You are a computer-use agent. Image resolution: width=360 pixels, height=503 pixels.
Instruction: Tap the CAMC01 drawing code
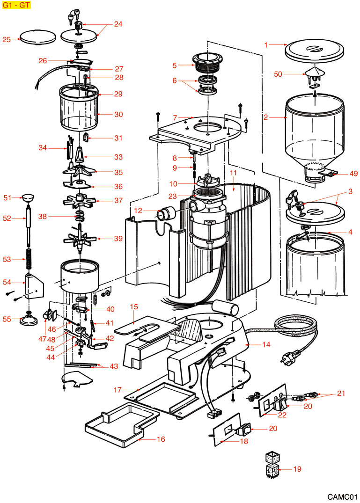[342, 496]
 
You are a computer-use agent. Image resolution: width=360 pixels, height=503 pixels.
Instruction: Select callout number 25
[7, 40]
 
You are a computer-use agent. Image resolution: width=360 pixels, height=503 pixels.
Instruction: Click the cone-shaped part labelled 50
[315, 72]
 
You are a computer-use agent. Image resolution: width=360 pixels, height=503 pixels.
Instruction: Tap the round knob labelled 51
[28, 198]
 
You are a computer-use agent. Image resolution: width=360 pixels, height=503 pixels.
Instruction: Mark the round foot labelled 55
[29, 321]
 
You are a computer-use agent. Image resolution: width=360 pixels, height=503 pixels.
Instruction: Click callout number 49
[353, 173]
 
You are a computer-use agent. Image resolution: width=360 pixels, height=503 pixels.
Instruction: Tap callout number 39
[118, 239]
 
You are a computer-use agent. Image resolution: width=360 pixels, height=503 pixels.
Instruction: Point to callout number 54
[7, 282]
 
